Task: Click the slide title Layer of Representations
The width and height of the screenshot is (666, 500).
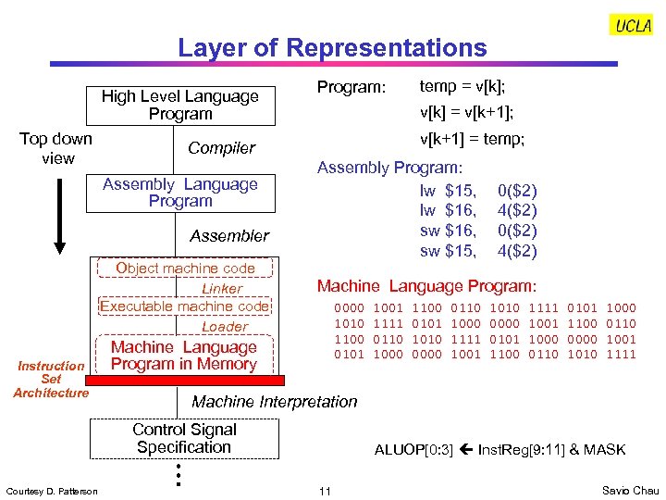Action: point(332,48)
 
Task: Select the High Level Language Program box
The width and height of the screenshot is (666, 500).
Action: point(180,105)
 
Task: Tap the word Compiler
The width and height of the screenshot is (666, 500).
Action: point(221,148)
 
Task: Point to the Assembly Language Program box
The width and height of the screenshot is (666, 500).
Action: point(180,193)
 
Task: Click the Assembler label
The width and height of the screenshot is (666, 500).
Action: point(229,236)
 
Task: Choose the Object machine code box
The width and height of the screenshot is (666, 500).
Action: point(185,269)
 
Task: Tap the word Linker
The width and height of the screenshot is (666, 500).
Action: point(222,289)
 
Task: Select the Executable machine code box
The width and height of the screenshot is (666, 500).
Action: point(185,306)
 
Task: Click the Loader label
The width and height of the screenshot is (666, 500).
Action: point(225,327)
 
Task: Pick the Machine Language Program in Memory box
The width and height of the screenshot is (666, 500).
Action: point(184,356)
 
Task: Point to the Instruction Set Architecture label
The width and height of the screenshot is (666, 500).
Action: point(51,380)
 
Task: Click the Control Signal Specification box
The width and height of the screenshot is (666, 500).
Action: point(184,438)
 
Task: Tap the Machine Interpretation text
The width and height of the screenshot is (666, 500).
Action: point(274,402)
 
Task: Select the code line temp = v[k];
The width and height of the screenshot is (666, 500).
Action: point(462,87)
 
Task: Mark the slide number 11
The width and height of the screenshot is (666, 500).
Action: point(324,490)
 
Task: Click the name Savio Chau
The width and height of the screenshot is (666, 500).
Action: point(628,490)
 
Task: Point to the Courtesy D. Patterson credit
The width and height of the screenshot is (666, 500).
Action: point(52,491)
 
